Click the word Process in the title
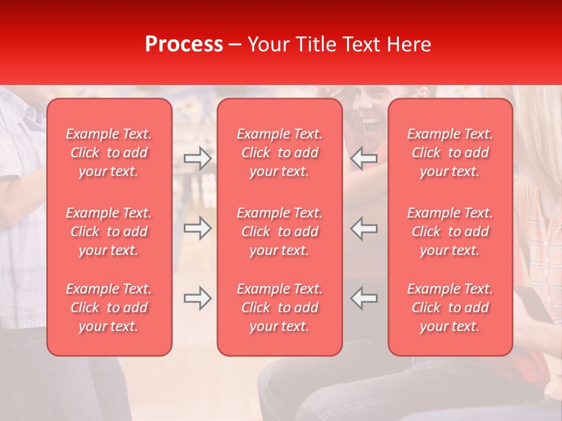point(184,44)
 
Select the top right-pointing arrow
point(198,158)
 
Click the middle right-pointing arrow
point(198,228)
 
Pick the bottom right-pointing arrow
point(198,298)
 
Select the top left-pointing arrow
point(364,158)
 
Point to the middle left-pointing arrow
point(364,228)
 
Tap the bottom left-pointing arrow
point(364,298)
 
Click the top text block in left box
point(109,153)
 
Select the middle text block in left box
point(109,232)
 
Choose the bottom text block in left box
point(109,308)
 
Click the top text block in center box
point(280,153)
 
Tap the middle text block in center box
point(280,232)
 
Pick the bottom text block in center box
point(280,308)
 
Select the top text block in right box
point(450,153)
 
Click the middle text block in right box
point(450,232)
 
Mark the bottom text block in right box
point(450,308)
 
